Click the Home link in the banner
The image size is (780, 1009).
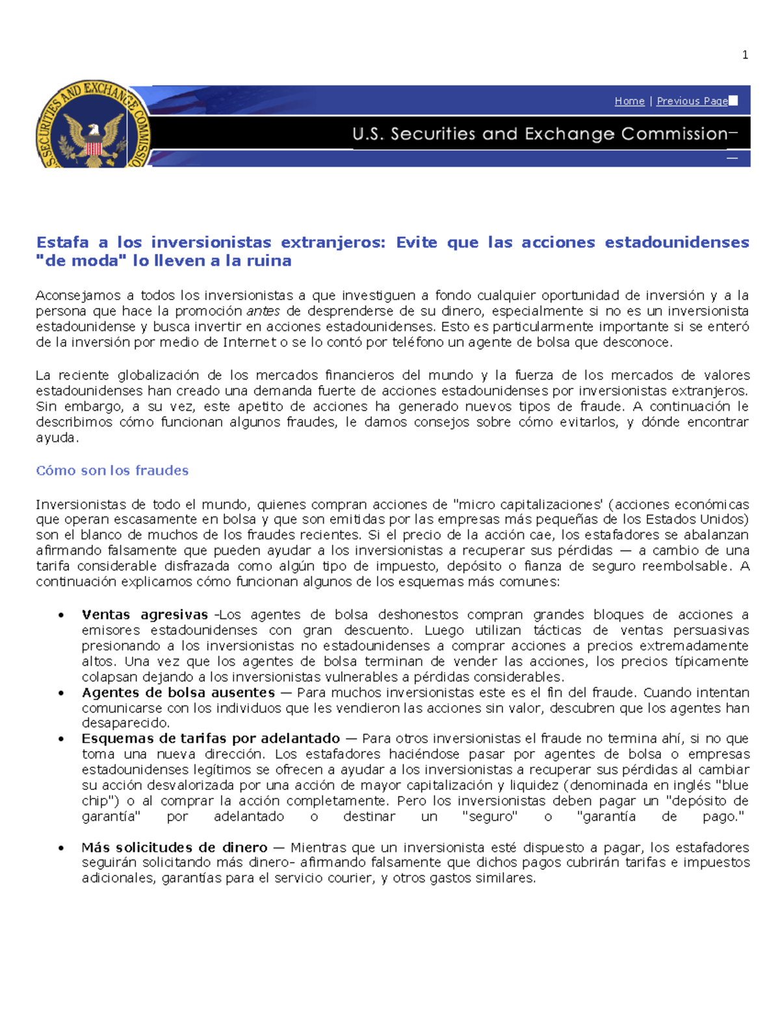(629, 101)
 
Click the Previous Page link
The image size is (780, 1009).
(692, 101)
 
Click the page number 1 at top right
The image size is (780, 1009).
(745, 55)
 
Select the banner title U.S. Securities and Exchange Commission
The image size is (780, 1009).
(539, 134)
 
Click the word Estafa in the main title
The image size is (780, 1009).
(62, 242)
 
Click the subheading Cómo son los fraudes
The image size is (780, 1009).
(112, 470)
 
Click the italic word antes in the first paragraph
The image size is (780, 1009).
(263, 311)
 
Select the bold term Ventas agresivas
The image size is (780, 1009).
(144, 615)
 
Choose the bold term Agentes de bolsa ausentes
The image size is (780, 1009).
(178, 693)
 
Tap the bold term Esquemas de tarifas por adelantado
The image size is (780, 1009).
(211, 739)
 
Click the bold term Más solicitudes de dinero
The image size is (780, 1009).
(174, 848)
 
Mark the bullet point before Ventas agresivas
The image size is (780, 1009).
(61, 615)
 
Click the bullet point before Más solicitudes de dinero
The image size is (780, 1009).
(61, 848)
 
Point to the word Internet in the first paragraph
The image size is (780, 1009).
(250, 342)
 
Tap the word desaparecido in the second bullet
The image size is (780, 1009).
(125, 723)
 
